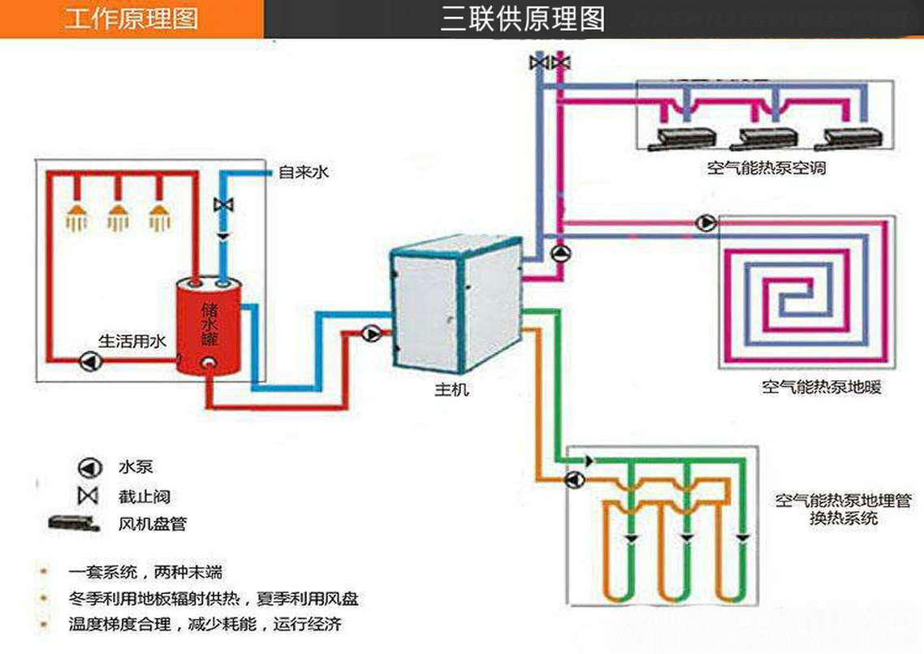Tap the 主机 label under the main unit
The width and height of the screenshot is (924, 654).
451,391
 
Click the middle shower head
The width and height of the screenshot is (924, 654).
119,215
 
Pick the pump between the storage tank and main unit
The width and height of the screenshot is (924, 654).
372,333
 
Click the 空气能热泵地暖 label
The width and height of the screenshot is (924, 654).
821,388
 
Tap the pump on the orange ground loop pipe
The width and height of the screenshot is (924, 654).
574,480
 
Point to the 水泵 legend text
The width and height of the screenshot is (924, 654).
135,467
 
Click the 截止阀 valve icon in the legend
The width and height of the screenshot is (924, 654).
87,495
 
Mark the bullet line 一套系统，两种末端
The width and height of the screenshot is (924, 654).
146,573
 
